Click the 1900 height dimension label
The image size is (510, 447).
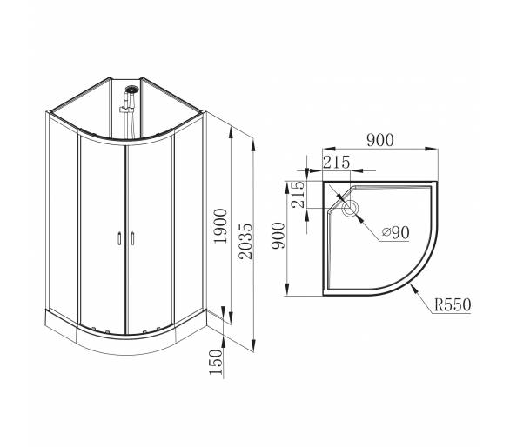pyautogui.click(x=220, y=226)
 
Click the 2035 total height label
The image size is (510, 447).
pyautogui.click(x=245, y=241)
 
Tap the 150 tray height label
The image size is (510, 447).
pyautogui.click(x=216, y=362)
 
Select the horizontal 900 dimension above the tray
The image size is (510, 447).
pyautogui.click(x=380, y=140)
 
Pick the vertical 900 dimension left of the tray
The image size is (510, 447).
pyautogui.click(x=278, y=236)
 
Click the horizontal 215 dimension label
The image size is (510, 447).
pyautogui.click(x=336, y=163)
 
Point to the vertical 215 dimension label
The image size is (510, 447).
pyautogui.click(x=298, y=194)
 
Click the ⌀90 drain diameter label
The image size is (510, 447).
pyautogui.click(x=395, y=232)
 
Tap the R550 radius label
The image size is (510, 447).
pyautogui.click(x=453, y=305)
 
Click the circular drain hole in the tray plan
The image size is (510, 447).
pyautogui.click(x=350, y=208)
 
